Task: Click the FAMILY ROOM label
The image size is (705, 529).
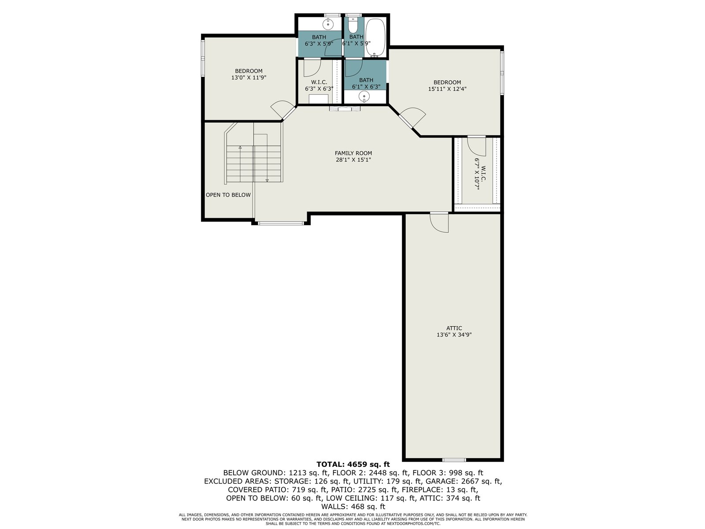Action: click(x=353, y=153)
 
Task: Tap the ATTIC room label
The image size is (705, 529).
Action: click(x=454, y=328)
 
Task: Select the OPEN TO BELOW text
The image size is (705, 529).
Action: click(x=228, y=195)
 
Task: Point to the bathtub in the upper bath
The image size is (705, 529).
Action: click(x=375, y=37)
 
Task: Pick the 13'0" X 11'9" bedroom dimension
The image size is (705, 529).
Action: click(x=249, y=78)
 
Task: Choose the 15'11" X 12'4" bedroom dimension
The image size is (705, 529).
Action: click(x=447, y=89)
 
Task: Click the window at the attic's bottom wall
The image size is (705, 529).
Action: click(x=454, y=460)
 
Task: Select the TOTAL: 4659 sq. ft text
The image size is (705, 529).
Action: click(x=353, y=464)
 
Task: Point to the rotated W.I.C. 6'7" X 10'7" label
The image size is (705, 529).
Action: click(x=480, y=174)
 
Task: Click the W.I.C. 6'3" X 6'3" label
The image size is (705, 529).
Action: click(x=319, y=86)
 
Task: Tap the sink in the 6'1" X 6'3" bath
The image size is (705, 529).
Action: click(x=364, y=96)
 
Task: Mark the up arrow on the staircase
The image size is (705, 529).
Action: click(x=240, y=147)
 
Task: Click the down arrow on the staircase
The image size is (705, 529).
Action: click(x=267, y=180)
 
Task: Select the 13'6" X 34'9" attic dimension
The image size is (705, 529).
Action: click(x=454, y=335)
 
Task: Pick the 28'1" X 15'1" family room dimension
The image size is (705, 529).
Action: click(x=353, y=160)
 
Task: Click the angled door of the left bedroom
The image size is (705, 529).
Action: click(x=282, y=109)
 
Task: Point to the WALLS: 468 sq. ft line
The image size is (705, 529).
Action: click(x=353, y=507)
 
